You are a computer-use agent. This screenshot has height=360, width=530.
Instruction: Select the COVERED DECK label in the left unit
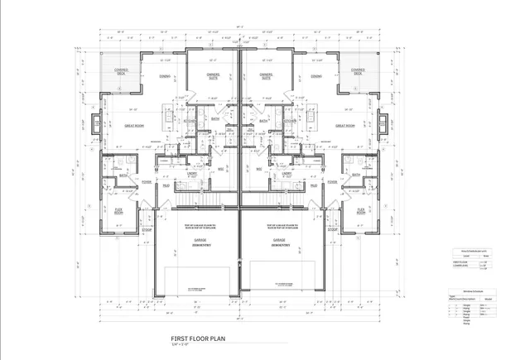click(121, 71)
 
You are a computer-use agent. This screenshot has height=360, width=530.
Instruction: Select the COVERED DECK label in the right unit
click(359, 71)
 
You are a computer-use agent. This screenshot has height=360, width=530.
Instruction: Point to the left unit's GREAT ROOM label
click(136, 126)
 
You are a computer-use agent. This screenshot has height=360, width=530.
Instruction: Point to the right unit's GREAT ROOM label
click(345, 126)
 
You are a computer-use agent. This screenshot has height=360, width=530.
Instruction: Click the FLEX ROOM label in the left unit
click(118, 211)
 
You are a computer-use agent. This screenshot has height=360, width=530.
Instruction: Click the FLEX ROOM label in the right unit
click(361, 211)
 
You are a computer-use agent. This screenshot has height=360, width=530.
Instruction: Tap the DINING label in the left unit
click(165, 76)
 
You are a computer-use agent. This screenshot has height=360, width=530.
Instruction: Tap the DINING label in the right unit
click(316, 76)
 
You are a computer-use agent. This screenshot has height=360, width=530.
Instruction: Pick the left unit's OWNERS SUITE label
click(213, 76)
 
